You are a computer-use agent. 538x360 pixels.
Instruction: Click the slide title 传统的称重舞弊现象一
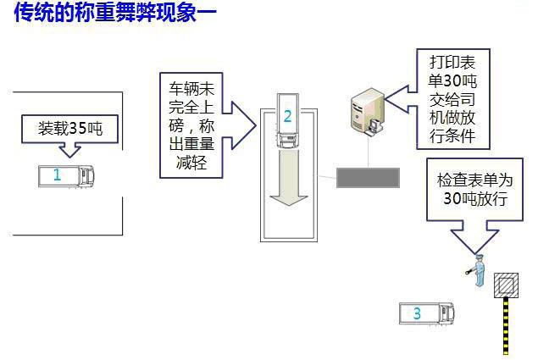coord(115,13)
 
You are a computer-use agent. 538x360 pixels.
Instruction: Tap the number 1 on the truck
coord(57,175)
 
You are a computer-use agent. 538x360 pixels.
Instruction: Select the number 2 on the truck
coord(287,116)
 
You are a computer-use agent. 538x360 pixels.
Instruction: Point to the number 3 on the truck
coord(417,313)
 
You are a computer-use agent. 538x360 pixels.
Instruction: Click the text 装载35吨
coord(70,129)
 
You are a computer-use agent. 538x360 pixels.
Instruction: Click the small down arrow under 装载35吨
coord(70,150)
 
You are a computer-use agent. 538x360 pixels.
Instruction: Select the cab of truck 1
coord(87,176)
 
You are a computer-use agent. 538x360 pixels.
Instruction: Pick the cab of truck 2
coord(288,141)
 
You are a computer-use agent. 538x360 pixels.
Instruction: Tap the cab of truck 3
coord(447,313)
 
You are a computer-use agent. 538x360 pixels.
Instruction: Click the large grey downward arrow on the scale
coord(288,177)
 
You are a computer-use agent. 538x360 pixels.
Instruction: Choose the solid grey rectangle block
coord(368,178)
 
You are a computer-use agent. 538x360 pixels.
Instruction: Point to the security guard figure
coord(477,270)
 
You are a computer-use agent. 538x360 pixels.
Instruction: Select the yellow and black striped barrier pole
coord(506,326)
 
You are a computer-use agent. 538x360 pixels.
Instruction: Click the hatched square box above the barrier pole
coord(506,285)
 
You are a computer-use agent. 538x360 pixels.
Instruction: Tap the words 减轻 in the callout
coord(191,162)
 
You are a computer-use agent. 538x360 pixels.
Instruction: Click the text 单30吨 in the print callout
coord(452,81)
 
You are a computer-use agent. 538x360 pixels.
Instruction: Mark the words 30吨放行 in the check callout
coord(475,198)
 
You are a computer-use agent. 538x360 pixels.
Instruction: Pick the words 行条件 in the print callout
coord(452,136)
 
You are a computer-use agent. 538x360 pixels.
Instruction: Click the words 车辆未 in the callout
coord(191,89)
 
